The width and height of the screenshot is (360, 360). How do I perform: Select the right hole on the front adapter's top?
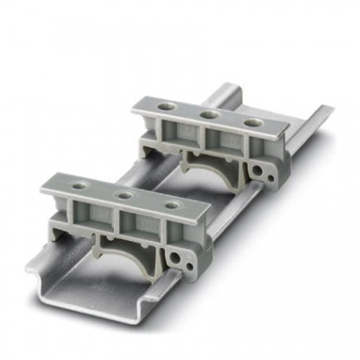click(171, 206)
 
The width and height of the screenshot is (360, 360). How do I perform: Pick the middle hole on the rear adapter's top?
click(210, 114)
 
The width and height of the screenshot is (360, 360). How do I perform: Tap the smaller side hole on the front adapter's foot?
click(189, 266)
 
